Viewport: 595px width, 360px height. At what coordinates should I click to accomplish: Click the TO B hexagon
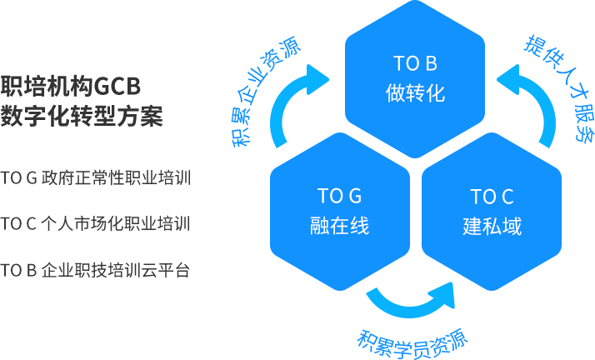click(x=415, y=79)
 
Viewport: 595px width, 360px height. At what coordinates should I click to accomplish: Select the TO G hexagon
click(x=340, y=212)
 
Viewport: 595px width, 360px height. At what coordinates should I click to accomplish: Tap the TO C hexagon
click(x=492, y=212)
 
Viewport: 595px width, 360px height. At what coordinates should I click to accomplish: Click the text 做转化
click(x=415, y=93)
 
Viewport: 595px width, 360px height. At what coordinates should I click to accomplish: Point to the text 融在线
click(x=340, y=226)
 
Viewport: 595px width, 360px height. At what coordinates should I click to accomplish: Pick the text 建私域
click(x=492, y=226)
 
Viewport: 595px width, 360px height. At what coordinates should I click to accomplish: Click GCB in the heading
click(x=117, y=86)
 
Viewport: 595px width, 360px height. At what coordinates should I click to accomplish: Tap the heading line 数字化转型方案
click(x=82, y=116)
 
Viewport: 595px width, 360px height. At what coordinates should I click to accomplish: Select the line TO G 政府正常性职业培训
click(x=95, y=177)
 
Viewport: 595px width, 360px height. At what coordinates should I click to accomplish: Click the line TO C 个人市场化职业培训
click(x=95, y=223)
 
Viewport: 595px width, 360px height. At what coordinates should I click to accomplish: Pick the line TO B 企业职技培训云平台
click(x=95, y=270)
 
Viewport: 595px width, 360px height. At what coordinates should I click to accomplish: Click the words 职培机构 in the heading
click(x=47, y=86)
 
